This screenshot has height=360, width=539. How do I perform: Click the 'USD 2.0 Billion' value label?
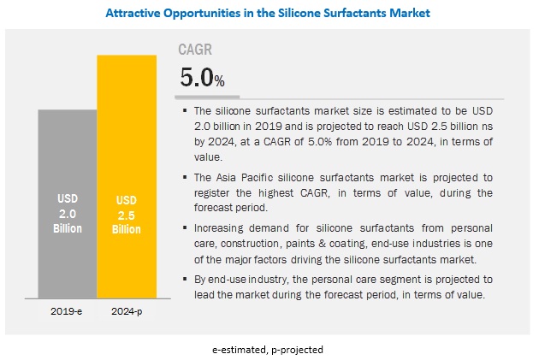[x=68, y=216]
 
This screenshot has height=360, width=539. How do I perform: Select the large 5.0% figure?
[x=202, y=79]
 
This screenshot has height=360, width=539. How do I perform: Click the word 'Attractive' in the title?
[x=136, y=14]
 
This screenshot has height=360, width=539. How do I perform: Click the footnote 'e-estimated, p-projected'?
[x=269, y=350]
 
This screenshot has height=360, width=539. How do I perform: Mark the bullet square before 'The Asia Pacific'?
[x=186, y=178]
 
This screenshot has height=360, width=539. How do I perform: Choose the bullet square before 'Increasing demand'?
[x=186, y=227]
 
